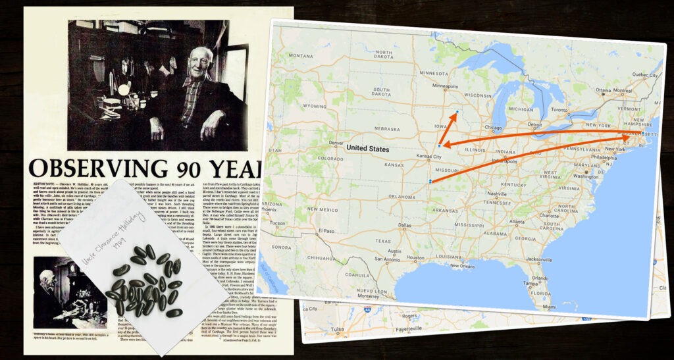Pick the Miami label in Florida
tap(606, 307)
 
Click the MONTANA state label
tap(299, 56)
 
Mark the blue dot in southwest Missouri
tap(430, 181)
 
